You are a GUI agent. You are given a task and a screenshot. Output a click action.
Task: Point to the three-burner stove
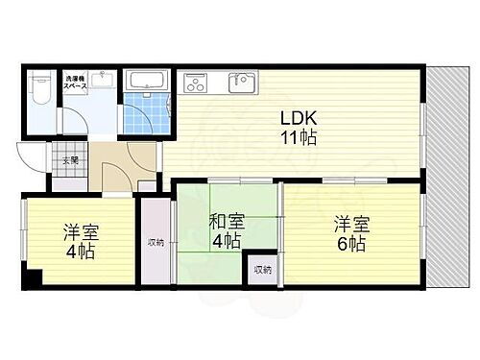click(x=196, y=84)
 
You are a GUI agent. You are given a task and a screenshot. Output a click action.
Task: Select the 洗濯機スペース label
click(x=77, y=82)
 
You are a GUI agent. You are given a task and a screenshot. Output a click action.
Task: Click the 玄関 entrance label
click(x=70, y=159)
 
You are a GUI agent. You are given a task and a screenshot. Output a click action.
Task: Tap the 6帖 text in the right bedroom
click(x=349, y=244)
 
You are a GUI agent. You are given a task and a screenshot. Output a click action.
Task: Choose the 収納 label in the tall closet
click(x=156, y=242)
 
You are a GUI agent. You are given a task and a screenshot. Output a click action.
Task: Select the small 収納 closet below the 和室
click(x=261, y=270)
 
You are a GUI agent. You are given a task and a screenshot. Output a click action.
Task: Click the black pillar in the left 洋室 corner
click(x=33, y=280)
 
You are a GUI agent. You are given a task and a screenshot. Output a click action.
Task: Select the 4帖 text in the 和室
click(x=227, y=242)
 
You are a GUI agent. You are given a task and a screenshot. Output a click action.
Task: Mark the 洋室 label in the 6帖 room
click(x=349, y=224)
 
